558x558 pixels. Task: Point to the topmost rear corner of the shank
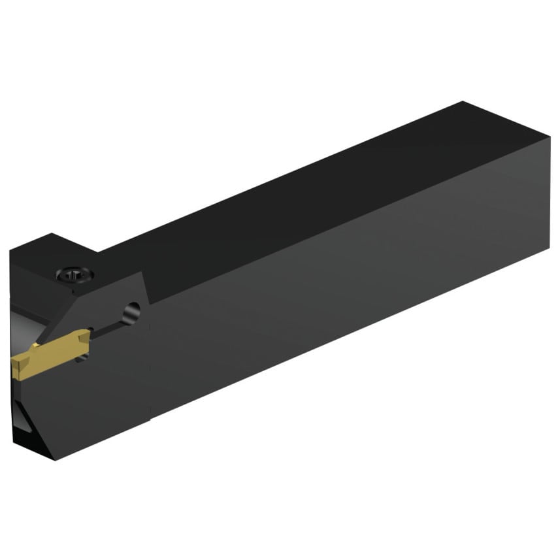[463, 102]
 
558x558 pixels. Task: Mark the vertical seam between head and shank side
[152, 359]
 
